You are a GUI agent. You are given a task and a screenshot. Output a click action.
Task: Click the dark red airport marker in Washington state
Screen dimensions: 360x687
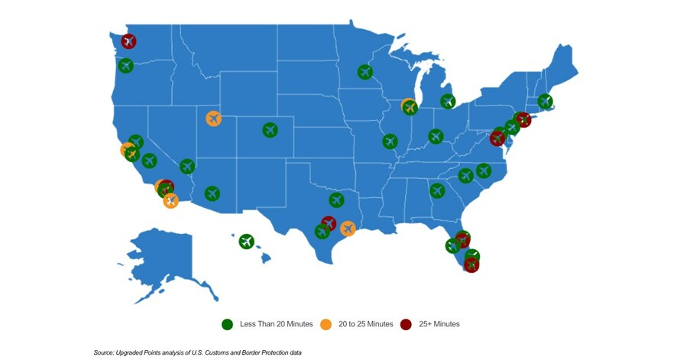click(128, 41)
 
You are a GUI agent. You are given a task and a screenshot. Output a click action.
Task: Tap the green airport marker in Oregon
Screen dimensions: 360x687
click(125, 66)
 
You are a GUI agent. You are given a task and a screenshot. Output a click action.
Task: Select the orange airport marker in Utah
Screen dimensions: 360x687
click(213, 118)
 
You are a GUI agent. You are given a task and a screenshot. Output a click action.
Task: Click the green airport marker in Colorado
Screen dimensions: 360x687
click(270, 130)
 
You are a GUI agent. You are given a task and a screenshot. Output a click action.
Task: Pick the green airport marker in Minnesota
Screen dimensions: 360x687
click(365, 72)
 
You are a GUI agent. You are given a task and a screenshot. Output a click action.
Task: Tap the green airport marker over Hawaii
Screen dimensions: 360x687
click(245, 242)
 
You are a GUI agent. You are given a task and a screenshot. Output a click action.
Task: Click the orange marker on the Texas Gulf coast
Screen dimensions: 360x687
click(348, 229)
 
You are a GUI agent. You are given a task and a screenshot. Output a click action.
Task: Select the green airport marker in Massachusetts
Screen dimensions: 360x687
click(545, 101)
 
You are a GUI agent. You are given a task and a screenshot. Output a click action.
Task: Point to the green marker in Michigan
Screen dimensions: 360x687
click(448, 101)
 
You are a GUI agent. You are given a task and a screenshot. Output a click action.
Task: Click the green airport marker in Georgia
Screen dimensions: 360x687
click(437, 190)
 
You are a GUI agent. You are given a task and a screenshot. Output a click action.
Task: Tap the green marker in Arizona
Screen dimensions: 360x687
click(212, 193)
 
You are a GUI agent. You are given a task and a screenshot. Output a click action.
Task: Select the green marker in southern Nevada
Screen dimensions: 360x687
click(187, 167)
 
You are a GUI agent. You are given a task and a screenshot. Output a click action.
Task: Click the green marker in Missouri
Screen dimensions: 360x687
click(390, 141)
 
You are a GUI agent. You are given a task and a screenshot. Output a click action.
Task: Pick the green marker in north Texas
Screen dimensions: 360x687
click(336, 199)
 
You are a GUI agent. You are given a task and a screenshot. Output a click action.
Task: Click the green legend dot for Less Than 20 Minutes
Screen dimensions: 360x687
click(227, 324)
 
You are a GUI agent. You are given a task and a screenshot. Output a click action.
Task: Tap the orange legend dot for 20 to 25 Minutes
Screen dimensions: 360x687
click(326, 324)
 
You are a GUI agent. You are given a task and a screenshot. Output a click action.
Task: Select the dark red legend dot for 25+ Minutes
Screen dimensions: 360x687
click(406, 324)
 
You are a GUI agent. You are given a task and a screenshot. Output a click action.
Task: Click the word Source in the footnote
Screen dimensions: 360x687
click(104, 352)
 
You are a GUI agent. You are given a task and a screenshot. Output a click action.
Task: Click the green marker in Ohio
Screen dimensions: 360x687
click(436, 136)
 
